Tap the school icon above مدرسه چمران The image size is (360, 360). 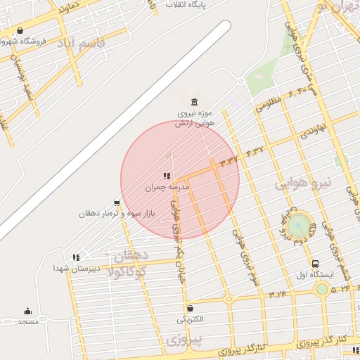(167, 176)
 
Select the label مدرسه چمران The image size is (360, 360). (158, 188)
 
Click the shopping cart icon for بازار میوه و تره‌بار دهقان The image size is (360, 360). (117, 202)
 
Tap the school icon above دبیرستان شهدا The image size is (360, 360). (76, 257)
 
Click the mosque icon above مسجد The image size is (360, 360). (28, 311)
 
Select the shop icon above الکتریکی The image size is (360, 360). (190, 308)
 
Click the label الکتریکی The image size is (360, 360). (190, 319)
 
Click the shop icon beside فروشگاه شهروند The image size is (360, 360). (19, 31)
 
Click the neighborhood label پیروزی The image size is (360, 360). (184, 341)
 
